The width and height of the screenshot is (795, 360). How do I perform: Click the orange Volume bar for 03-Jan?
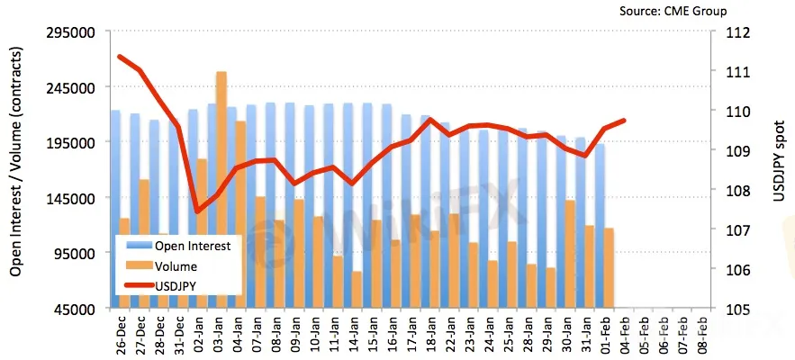[x=221, y=189]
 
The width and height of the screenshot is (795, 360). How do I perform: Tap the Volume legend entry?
[x=176, y=266]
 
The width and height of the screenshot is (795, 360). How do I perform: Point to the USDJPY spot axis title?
[x=780, y=171]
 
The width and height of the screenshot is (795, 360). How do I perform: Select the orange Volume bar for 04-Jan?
[x=241, y=214]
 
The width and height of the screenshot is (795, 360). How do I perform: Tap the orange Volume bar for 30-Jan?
[x=570, y=254]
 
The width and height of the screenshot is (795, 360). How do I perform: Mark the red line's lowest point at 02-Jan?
[x=197, y=211]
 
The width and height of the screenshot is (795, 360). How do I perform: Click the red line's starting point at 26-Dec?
[x=121, y=57]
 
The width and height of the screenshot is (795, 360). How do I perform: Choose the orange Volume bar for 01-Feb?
[x=609, y=268]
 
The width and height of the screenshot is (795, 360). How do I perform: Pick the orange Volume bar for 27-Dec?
[x=144, y=243]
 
